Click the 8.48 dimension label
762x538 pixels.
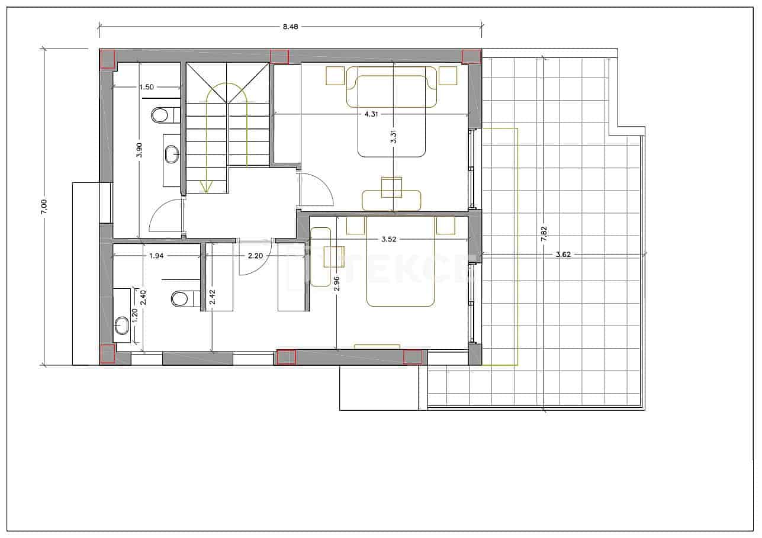click(x=289, y=26)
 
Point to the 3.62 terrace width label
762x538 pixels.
click(x=563, y=254)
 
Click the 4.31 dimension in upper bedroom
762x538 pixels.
click(x=371, y=114)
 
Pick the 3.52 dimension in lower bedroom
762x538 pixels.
click(x=388, y=240)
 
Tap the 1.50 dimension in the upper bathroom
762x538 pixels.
click(x=146, y=87)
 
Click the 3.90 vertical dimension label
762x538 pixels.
click(x=139, y=151)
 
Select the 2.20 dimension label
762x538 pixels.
click(x=255, y=256)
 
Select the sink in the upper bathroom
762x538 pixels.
click(x=172, y=156)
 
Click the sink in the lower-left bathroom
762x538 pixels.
click(x=121, y=324)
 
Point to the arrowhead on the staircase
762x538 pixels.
click(x=206, y=186)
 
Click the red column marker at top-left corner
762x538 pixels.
click(x=107, y=58)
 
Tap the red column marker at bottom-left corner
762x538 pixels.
click(x=107, y=353)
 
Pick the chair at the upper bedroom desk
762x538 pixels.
click(x=391, y=187)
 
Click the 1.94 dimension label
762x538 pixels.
click(x=157, y=256)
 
